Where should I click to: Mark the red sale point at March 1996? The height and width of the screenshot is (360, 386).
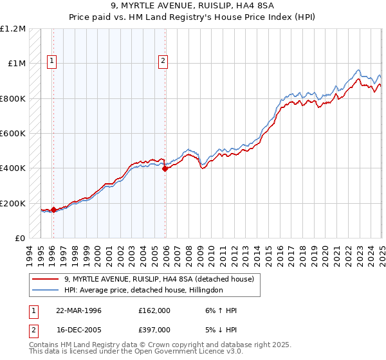(x=53, y=210)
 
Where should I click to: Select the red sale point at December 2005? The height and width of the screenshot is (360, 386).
(x=165, y=169)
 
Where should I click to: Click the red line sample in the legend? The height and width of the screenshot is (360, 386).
(x=46, y=279)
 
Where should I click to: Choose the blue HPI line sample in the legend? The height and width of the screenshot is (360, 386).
(x=46, y=290)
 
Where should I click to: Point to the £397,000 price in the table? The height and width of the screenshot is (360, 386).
(x=154, y=329)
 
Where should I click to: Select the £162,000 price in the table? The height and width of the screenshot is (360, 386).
(x=154, y=310)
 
